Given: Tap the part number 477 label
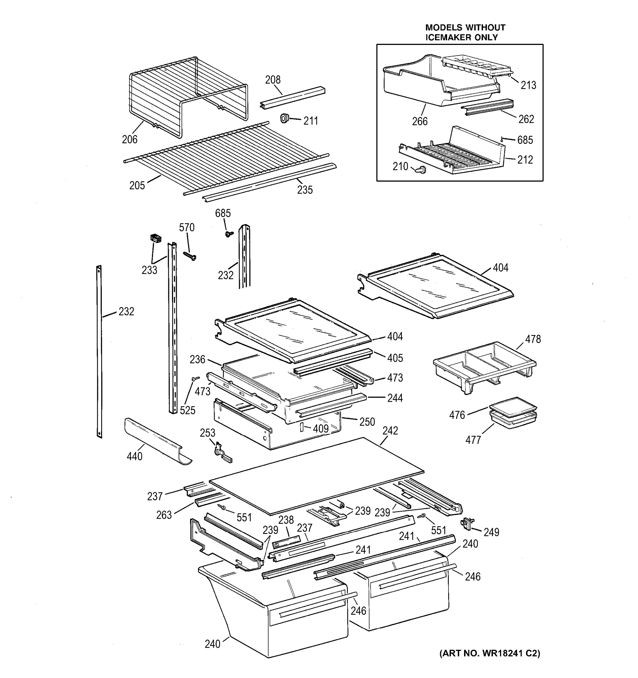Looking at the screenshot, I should [473, 440].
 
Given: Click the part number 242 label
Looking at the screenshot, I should [390, 431].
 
